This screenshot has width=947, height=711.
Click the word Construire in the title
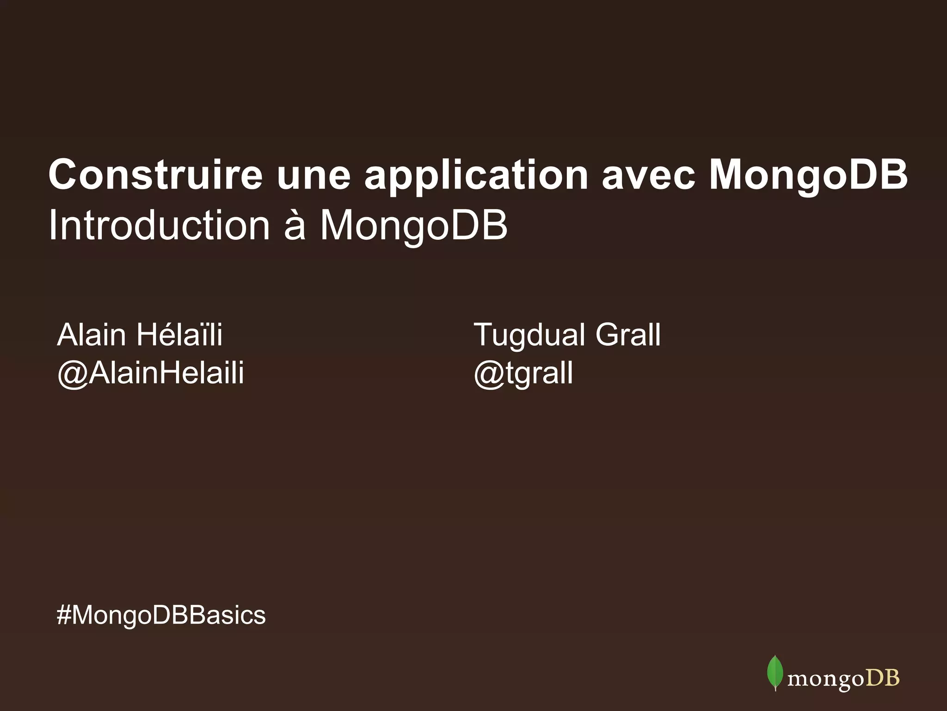pos(155,175)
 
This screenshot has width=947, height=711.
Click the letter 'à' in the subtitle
pos(295,225)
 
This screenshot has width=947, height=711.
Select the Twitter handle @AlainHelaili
pos(150,373)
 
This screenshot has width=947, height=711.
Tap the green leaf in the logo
pos(775,673)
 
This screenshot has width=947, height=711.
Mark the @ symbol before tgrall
pos(488,374)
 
